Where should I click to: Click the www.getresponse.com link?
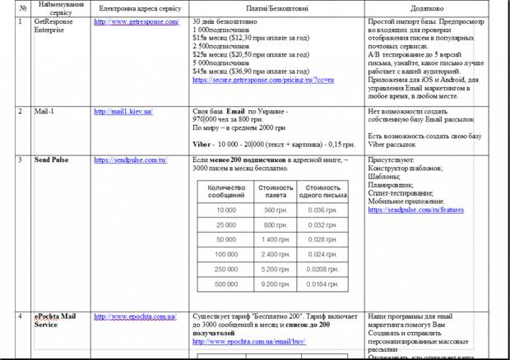click(x=137, y=21)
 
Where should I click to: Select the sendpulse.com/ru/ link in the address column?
click(x=131, y=159)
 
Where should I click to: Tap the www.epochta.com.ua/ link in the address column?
click(x=135, y=316)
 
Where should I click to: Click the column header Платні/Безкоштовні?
click(x=274, y=7)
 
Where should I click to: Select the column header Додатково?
click(x=432, y=7)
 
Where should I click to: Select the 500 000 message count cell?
click(x=225, y=284)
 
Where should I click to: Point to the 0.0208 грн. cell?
click(x=322, y=269)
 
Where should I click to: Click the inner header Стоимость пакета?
click(x=275, y=192)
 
